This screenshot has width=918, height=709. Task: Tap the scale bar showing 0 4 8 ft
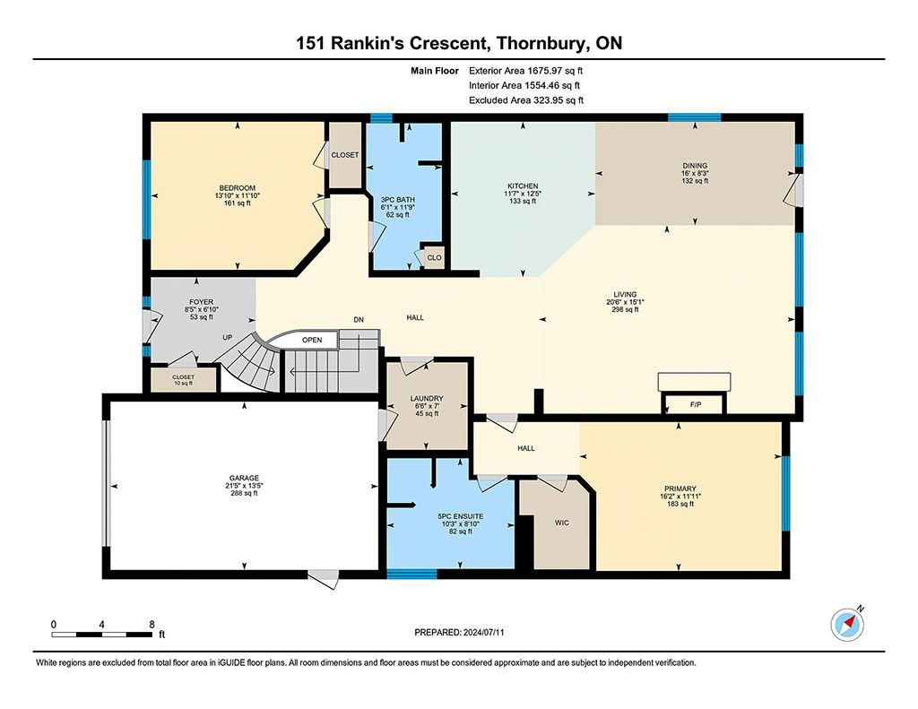[108, 629]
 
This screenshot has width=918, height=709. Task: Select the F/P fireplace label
[696, 404]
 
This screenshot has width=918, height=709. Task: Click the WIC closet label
[561, 523]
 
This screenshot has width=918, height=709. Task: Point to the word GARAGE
[244, 479]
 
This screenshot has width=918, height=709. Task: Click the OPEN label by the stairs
[312, 340]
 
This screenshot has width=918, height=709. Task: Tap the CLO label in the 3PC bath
[435, 257]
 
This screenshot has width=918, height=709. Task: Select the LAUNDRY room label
[427, 399]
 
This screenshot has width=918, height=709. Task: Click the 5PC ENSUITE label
[461, 516]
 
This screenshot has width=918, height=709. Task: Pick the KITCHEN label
[523, 186]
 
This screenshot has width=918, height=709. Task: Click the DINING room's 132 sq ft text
[695, 181]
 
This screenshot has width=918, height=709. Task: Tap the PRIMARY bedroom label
[680, 489]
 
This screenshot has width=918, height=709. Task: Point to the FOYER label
[202, 302]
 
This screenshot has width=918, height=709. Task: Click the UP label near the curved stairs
[227, 338]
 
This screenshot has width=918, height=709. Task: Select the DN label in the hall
[359, 320]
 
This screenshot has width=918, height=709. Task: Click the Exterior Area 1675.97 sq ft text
[525, 71]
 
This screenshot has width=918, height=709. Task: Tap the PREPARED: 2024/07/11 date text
[459, 632]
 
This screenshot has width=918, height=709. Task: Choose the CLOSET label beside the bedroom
[345, 155]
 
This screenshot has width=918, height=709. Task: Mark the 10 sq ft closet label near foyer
[183, 384]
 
